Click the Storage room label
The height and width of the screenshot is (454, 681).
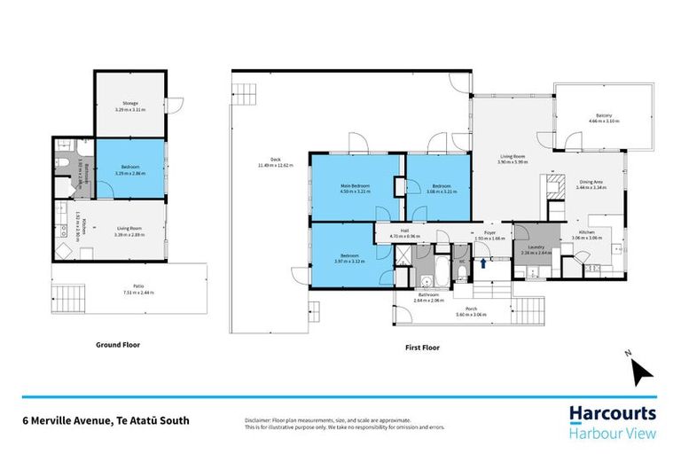[130, 104]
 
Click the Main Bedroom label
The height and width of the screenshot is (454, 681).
[355, 184]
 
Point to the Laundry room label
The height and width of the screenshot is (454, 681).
[535, 247]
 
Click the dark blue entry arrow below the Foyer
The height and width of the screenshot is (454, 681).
[482, 262]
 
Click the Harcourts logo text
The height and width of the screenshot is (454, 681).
[613, 413]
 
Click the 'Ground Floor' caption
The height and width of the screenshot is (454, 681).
[118, 344]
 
